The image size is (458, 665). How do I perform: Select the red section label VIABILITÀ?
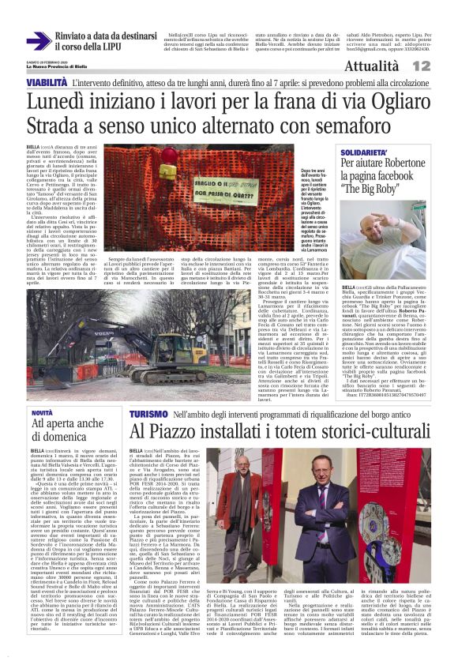click(x=47, y=82)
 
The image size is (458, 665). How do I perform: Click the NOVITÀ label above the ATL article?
click(x=42, y=412)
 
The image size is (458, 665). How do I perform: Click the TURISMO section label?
click(x=148, y=413)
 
